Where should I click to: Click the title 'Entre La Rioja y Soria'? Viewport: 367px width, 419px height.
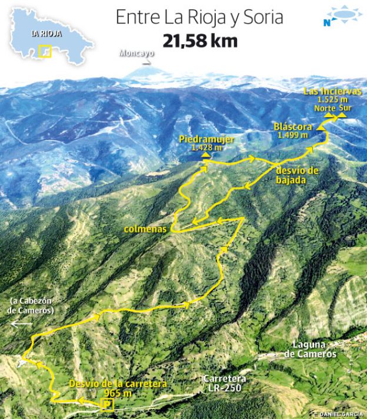point(199,18)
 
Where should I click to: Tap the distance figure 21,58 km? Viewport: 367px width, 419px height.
point(201,41)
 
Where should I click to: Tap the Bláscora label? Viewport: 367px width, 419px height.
point(291,127)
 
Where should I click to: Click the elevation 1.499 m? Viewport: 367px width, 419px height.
point(292,135)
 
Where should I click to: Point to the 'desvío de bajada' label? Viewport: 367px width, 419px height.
point(297,175)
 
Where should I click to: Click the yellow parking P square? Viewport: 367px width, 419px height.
point(107,404)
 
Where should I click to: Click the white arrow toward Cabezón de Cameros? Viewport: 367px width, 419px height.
point(22,324)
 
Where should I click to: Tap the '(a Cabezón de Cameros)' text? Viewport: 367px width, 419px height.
point(32,306)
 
